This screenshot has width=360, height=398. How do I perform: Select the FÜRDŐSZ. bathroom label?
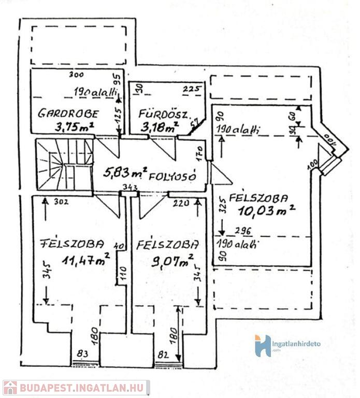159,114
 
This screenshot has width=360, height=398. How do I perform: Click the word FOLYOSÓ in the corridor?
172,176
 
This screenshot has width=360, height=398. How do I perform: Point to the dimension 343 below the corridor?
129,187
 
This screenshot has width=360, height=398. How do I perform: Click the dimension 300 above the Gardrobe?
76,75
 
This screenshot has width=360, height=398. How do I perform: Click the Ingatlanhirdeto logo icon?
263,346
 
